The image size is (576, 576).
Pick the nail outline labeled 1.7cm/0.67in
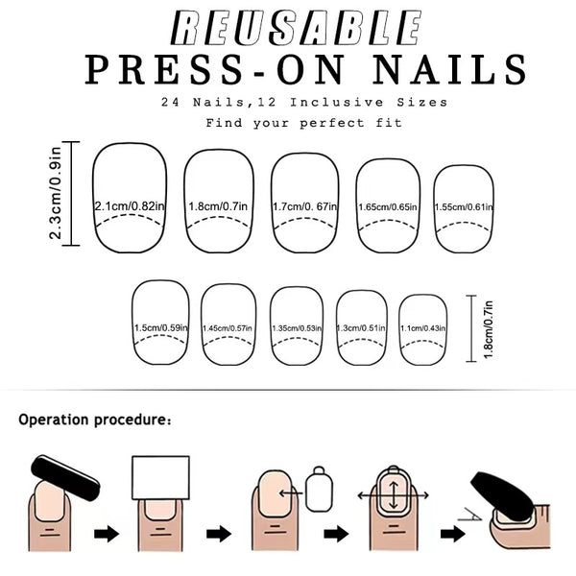(305, 204)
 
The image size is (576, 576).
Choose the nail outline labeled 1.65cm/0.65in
(388, 204)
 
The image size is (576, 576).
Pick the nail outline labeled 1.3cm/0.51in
(363, 326)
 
